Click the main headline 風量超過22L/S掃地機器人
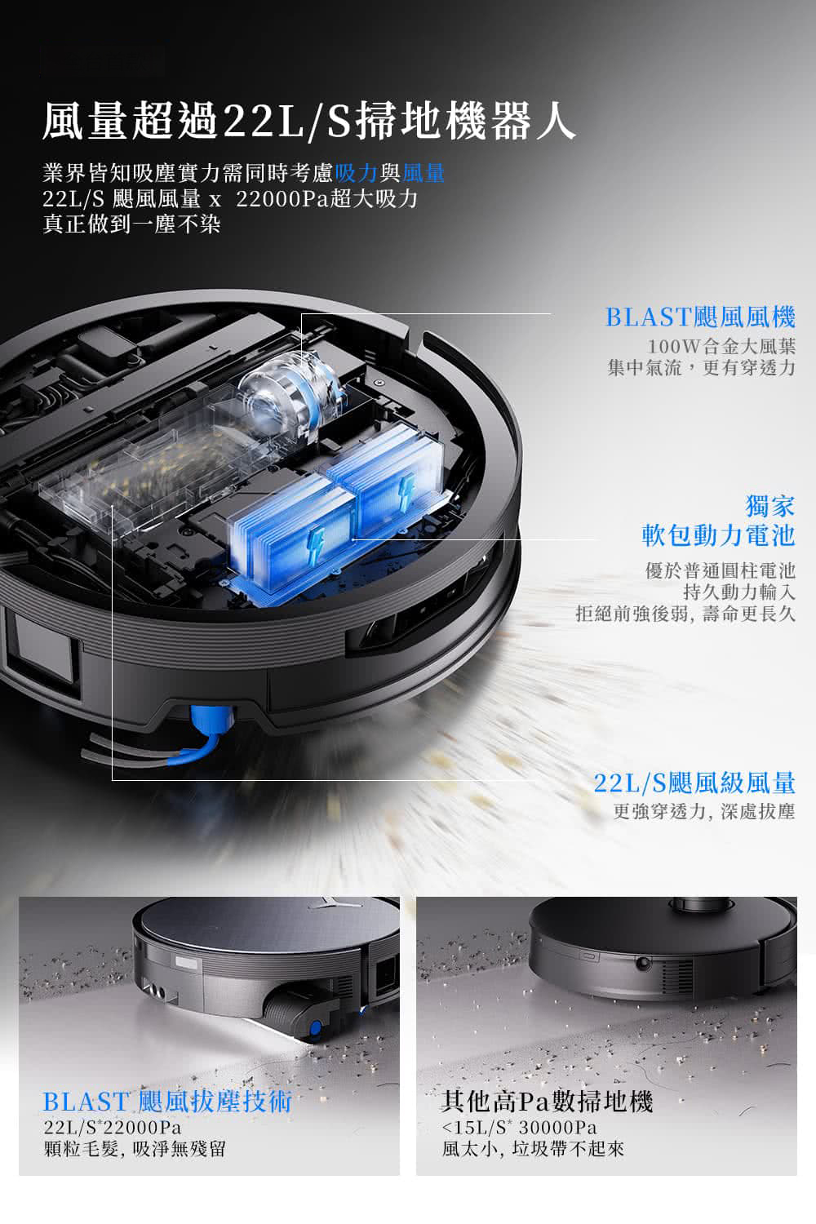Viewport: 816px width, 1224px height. [308, 121]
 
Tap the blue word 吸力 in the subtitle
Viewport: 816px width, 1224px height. [357, 173]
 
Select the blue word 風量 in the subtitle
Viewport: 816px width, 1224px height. [423, 173]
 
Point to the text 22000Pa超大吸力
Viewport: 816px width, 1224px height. [327, 199]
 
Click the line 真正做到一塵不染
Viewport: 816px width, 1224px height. [131, 224]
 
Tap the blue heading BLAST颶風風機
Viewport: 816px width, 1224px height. [701, 317]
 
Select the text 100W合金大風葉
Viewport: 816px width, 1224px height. [721, 346]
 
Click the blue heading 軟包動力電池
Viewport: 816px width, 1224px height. [719, 535]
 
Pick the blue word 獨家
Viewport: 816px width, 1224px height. [770, 505]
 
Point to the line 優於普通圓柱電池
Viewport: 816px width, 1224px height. [721, 571]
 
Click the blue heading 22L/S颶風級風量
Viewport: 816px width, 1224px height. [694, 783]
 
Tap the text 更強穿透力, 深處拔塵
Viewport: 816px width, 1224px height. [704, 811]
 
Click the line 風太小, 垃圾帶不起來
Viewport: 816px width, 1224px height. [533, 1149]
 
